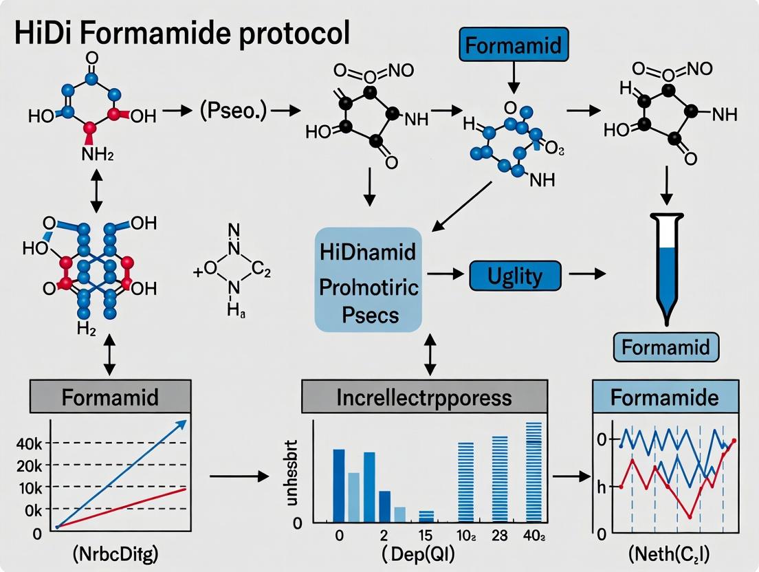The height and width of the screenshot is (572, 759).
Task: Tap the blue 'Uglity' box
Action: coord(514,276)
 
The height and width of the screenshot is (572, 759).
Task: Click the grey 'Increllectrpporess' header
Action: coord(425,397)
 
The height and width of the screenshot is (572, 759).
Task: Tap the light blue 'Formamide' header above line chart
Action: coord(665,397)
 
